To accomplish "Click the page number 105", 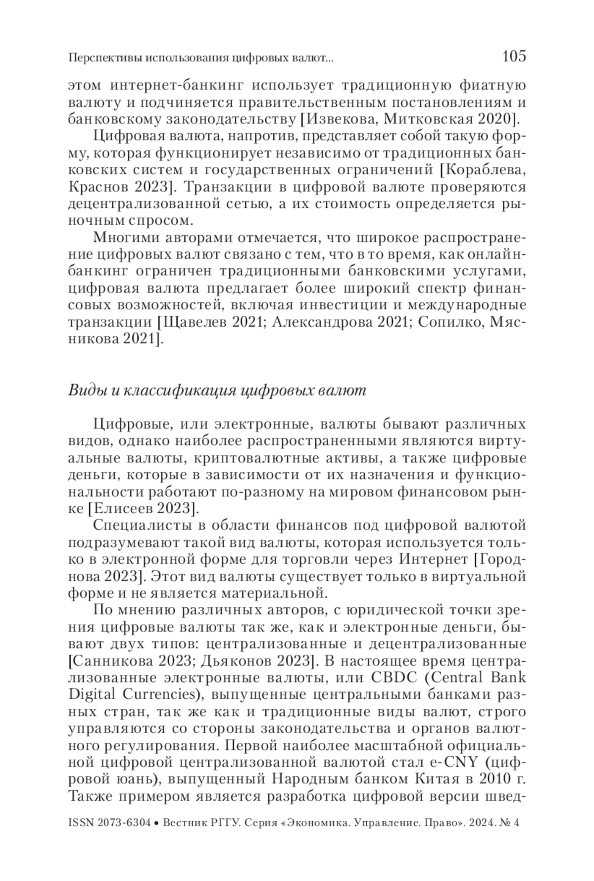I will (513, 56).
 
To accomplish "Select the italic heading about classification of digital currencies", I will (217, 391).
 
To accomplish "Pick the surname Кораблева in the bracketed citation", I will (483, 171).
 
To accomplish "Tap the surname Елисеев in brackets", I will (127, 509).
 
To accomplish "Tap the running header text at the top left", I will (200, 59).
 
